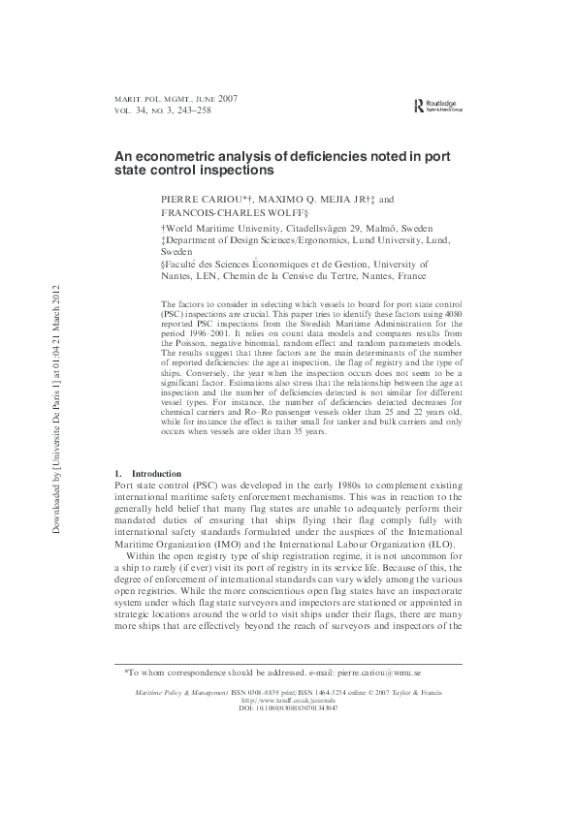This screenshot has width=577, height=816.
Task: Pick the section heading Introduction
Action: pos(155,473)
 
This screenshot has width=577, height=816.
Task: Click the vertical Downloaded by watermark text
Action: pos(58,408)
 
